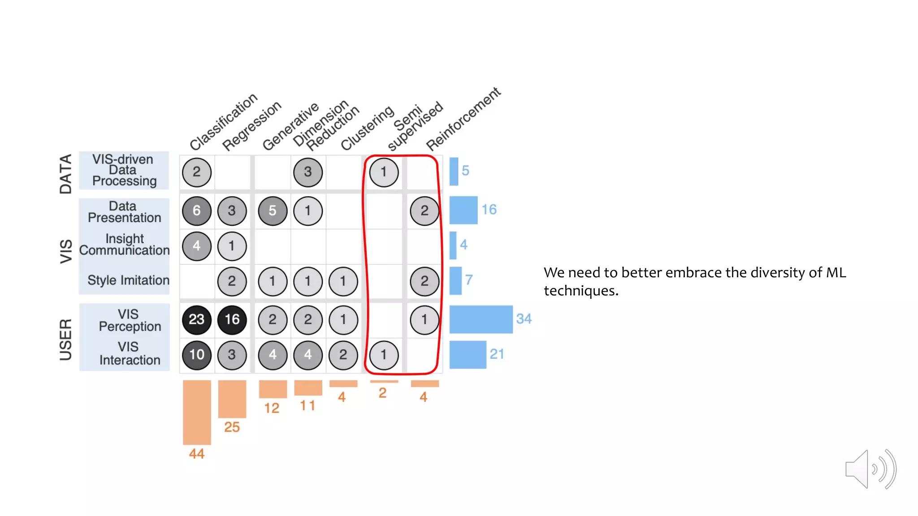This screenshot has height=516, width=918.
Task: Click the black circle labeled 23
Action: (x=196, y=319)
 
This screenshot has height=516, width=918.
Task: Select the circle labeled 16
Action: (x=232, y=319)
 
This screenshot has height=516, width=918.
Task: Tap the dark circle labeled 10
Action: (x=196, y=355)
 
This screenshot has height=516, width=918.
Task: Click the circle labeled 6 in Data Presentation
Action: (x=196, y=211)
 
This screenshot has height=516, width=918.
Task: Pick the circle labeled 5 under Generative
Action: (x=273, y=211)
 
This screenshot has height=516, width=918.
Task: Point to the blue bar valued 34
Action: (x=481, y=319)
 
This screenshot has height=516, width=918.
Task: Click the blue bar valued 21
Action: (x=468, y=355)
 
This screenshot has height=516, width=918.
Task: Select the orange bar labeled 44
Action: (x=197, y=412)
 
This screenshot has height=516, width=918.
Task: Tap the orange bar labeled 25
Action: (x=232, y=399)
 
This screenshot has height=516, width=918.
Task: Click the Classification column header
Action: (x=223, y=122)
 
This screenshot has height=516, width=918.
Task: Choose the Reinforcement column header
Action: (x=463, y=119)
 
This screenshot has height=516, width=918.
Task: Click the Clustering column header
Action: (x=367, y=128)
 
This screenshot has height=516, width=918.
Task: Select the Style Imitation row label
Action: (x=128, y=280)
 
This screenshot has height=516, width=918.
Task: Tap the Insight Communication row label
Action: (x=125, y=245)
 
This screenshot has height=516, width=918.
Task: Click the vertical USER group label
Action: (x=66, y=340)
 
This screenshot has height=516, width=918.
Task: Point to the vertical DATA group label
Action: (x=66, y=174)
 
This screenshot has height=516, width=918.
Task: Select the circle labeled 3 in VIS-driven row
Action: (x=307, y=172)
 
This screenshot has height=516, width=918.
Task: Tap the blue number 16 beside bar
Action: (x=489, y=210)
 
